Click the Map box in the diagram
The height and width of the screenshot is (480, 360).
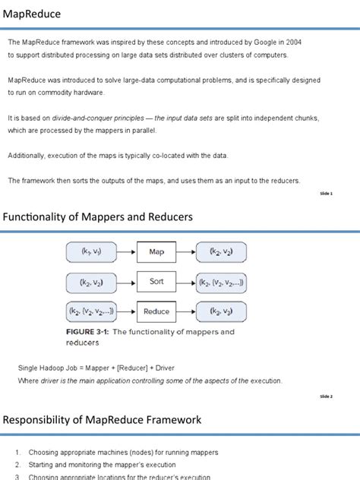(156, 251)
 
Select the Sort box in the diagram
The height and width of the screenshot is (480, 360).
(156, 281)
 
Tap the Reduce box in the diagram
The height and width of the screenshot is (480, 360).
(156, 311)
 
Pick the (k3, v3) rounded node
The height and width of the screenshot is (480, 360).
(226, 311)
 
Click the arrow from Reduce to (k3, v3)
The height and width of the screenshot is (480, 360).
(186, 311)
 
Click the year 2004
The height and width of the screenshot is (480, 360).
(292, 43)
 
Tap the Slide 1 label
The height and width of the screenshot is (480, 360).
(325, 194)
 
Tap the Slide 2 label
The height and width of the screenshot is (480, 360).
(325, 396)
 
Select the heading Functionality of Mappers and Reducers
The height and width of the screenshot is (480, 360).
(98, 217)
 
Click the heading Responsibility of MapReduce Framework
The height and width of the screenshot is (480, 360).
(103, 419)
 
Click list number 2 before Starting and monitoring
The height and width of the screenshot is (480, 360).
(17, 465)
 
